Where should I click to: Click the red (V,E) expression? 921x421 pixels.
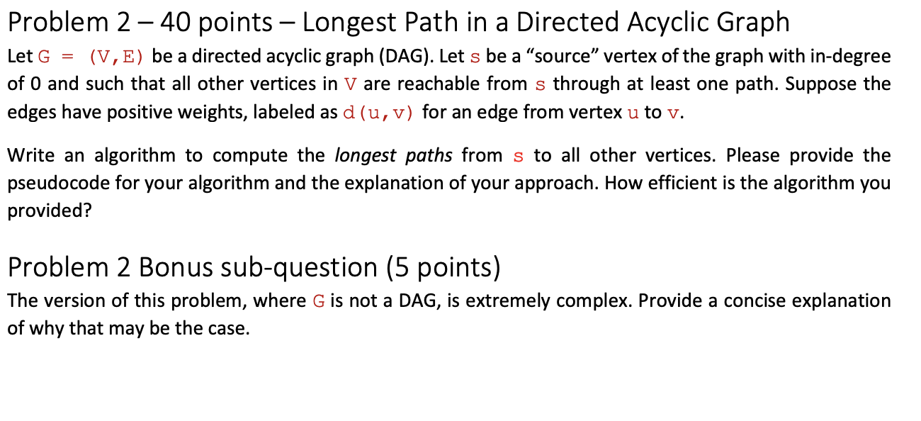[x=117, y=57]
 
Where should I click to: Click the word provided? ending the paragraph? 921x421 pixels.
[x=50, y=211]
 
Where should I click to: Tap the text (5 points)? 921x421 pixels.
[x=443, y=267]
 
